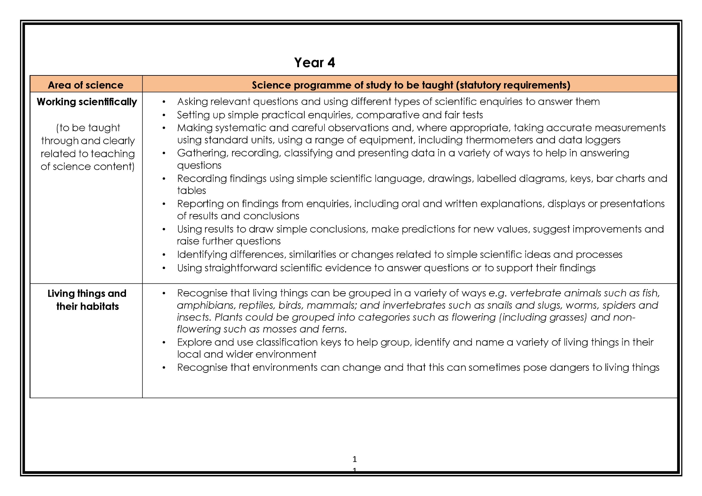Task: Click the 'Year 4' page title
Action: [x=314, y=63]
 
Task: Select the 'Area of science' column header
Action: [x=86, y=85]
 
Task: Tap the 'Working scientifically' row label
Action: [x=87, y=102]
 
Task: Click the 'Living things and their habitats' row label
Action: [x=87, y=300]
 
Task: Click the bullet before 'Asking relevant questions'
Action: [x=164, y=102]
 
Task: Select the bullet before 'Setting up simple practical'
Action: [x=164, y=115]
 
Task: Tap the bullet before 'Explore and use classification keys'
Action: [x=164, y=343]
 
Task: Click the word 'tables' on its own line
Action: [x=191, y=190]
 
